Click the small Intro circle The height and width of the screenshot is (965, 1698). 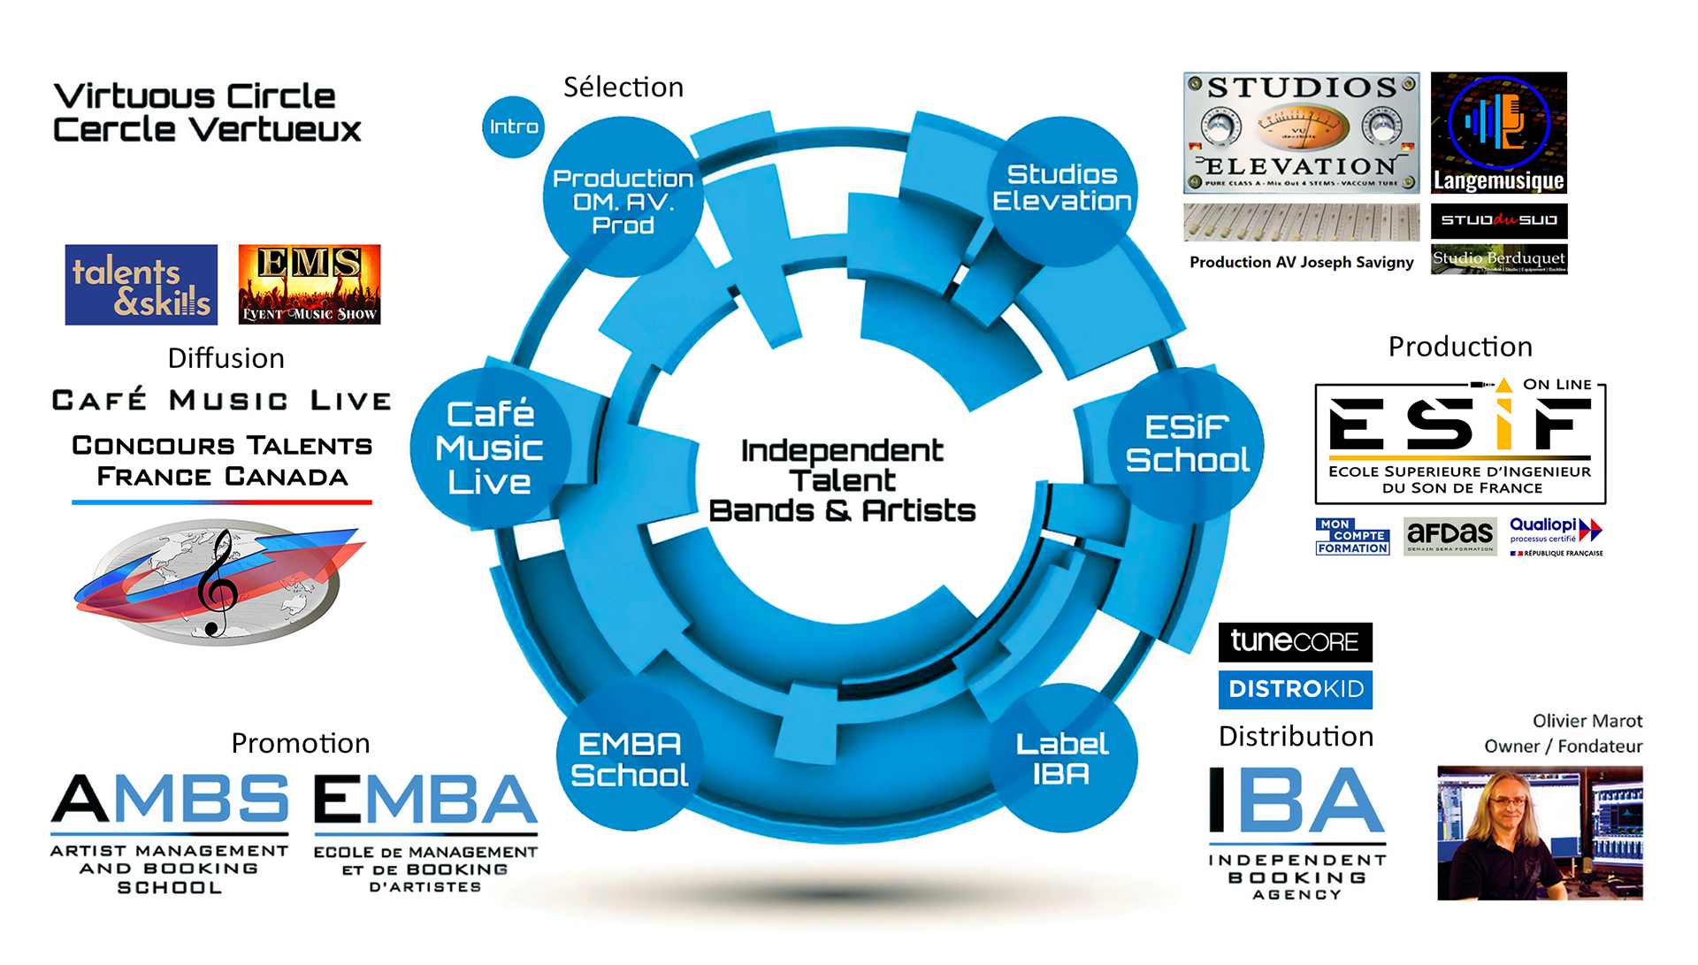point(513,127)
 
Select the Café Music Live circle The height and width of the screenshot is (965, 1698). point(489,448)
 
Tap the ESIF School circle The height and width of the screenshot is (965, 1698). point(1187,444)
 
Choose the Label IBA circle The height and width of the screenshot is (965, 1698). point(1062,758)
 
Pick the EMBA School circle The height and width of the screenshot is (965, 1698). point(629,758)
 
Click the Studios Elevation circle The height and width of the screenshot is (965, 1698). point(1062,188)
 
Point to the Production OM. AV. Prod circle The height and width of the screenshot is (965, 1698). point(623,200)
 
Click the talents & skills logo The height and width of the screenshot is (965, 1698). point(141,285)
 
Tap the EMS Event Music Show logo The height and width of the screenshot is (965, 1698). point(310,285)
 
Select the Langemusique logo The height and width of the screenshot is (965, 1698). point(1499,133)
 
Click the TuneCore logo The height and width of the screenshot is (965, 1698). point(1296,641)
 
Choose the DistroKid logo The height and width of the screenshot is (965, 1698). point(1296,690)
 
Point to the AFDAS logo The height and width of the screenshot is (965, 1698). point(1449,536)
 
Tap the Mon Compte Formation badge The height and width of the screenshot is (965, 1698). point(1352,536)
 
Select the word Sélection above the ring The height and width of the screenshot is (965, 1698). point(623,88)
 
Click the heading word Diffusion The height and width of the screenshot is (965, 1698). point(226,358)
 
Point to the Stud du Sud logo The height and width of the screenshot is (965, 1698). point(1499,220)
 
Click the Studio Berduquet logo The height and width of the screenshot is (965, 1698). point(1499,259)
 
